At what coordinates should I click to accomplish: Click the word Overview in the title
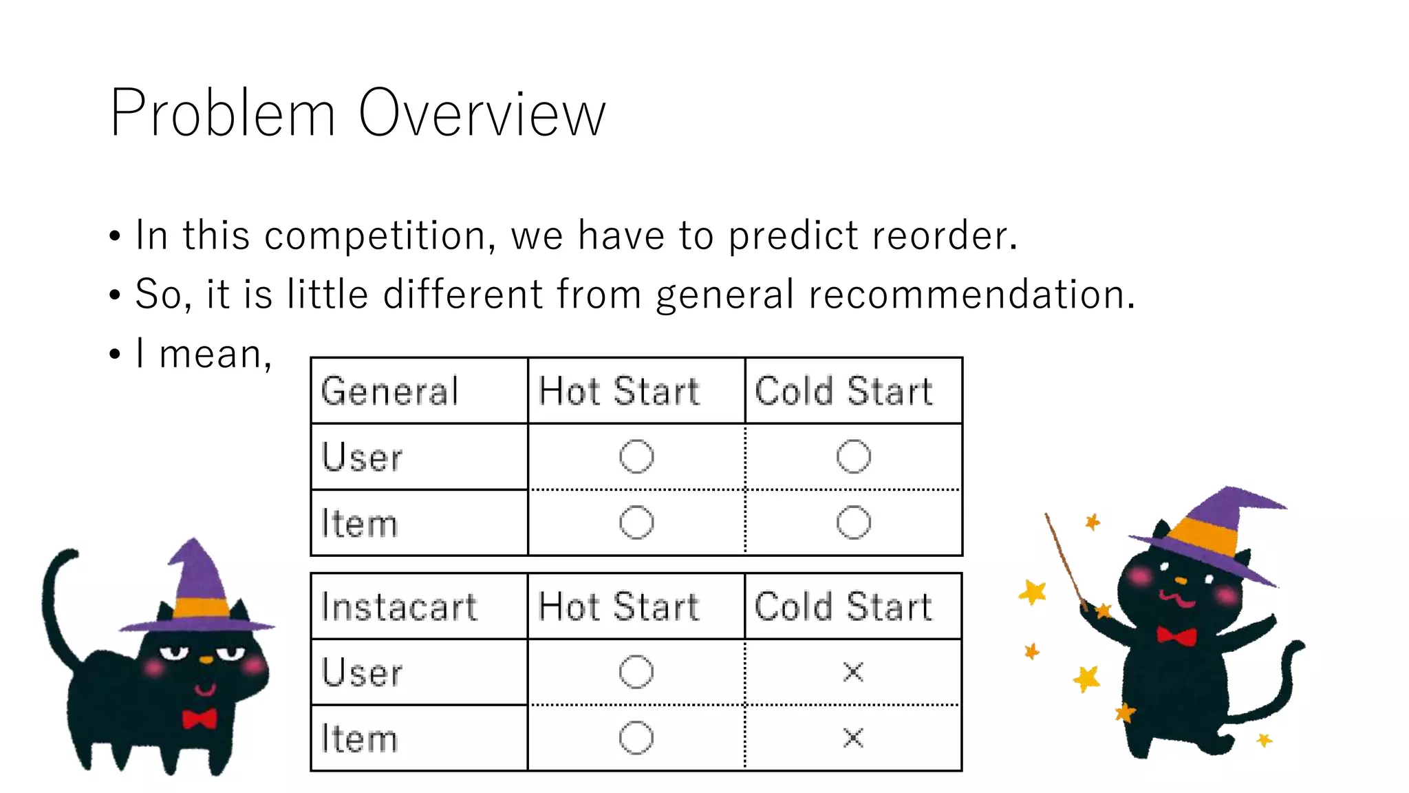tap(482, 114)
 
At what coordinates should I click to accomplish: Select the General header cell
tap(389, 391)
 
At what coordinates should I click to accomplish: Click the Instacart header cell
tap(399, 606)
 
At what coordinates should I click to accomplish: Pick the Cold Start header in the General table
tap(843, 391)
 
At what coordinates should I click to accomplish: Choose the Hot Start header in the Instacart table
tap(619, 606)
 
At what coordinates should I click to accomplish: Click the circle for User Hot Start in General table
tap(636, 456)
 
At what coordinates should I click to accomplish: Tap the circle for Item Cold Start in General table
tap(853, 522)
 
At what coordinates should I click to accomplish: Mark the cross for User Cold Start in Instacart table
tap(853, 671)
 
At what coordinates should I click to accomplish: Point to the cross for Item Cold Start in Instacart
tap(853, 738)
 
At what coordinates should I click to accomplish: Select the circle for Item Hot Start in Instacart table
tap(636, 738)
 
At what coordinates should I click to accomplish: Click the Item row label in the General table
tap(359, 523)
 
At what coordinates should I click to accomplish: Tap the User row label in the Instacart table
tap(362, 672)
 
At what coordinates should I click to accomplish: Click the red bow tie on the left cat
tap(200, 719)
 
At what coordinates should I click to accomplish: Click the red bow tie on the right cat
tap(1176, 635)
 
